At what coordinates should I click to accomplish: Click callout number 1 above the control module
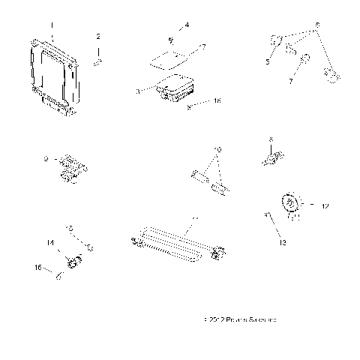pos(52,25)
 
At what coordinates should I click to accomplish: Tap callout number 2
pos(97,36)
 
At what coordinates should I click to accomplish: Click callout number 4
pos(186,25)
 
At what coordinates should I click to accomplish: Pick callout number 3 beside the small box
pos(139,90)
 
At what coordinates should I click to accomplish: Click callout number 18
pos(217,100)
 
